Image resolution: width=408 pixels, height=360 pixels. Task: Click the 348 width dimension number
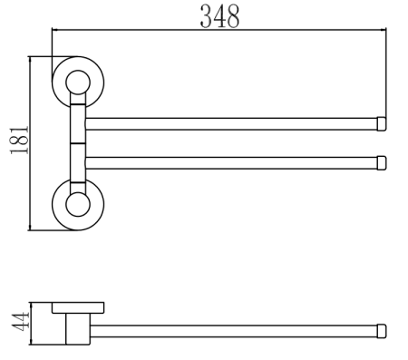coord(219,17)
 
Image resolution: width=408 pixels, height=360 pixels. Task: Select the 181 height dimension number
coord(19,141)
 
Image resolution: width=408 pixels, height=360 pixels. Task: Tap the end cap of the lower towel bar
coord(383,163)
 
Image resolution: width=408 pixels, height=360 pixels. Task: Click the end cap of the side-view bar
coord(383,330)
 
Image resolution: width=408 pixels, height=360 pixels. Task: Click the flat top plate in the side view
coord(78,306)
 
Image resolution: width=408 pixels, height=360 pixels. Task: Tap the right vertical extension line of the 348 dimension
coord(388,73)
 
